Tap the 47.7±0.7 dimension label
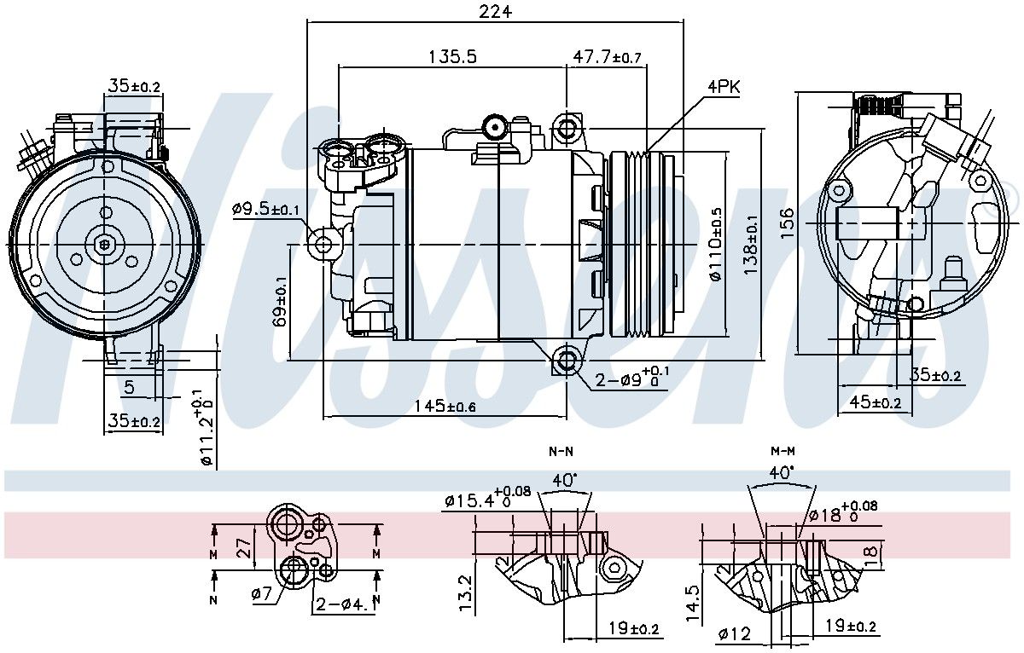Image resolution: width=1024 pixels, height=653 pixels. pos(607,57)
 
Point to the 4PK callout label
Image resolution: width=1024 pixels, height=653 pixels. pos(723,87)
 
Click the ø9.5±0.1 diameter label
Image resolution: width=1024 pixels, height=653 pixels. pos(265,209)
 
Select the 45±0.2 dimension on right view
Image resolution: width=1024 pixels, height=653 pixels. pos(875,403)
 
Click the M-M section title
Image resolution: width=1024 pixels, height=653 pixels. pos(783,450)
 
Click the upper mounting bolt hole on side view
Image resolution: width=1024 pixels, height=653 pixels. pos(566,130)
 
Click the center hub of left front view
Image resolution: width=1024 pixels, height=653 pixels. pos(104,244)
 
